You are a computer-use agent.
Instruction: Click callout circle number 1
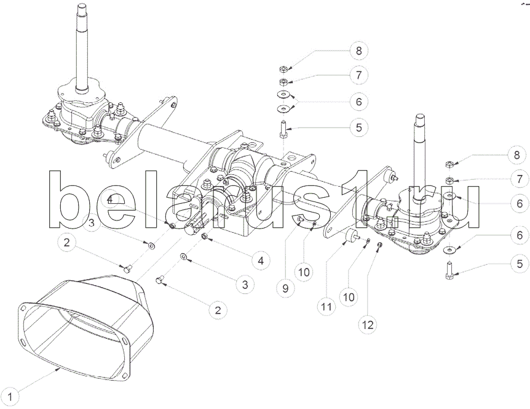pyautogui.click(x=10, y=397)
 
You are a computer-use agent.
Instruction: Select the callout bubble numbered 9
pyautogui.click(x=286, y=288)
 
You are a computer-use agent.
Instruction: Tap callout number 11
pyautogui.click(x=326, y=307)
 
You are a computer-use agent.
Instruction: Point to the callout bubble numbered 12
pyautogui.click(x=368, y=325)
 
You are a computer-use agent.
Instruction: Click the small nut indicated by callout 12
pyautogui.click(x=379, y=245)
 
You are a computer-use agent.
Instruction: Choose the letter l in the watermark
pyautogui.click(x=154, y=199)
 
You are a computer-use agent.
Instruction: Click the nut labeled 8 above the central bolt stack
pyautogui.click(x=283, y=70)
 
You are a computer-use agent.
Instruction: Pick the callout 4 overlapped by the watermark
pyautogui.click(x=110, y=200)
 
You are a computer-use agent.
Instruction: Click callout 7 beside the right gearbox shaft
pyautogui.click(x=520, y=179)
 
